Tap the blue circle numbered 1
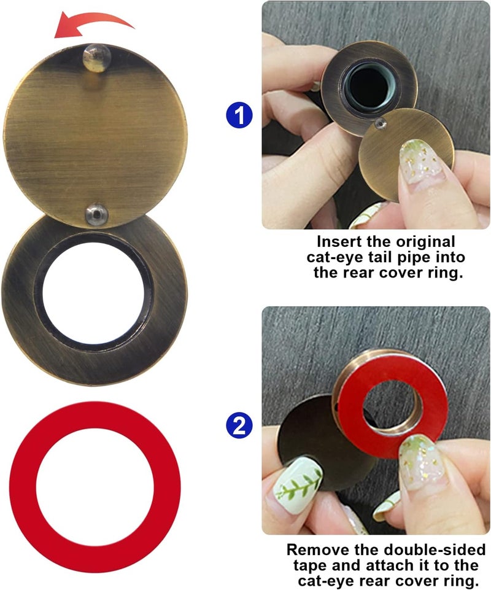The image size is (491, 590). point(239,114)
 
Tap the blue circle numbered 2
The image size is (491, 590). point(239,424)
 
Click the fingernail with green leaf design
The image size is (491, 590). point(298,482)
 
